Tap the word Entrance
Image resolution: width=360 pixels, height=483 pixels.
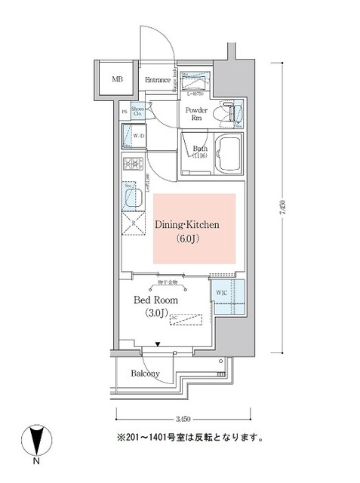click(x=158, y=79)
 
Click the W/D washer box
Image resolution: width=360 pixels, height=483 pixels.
click(x=137, y=137)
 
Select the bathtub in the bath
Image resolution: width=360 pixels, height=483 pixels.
click(x=225, y=155)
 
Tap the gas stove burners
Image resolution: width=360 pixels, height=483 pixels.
click(x=134, y=165)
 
